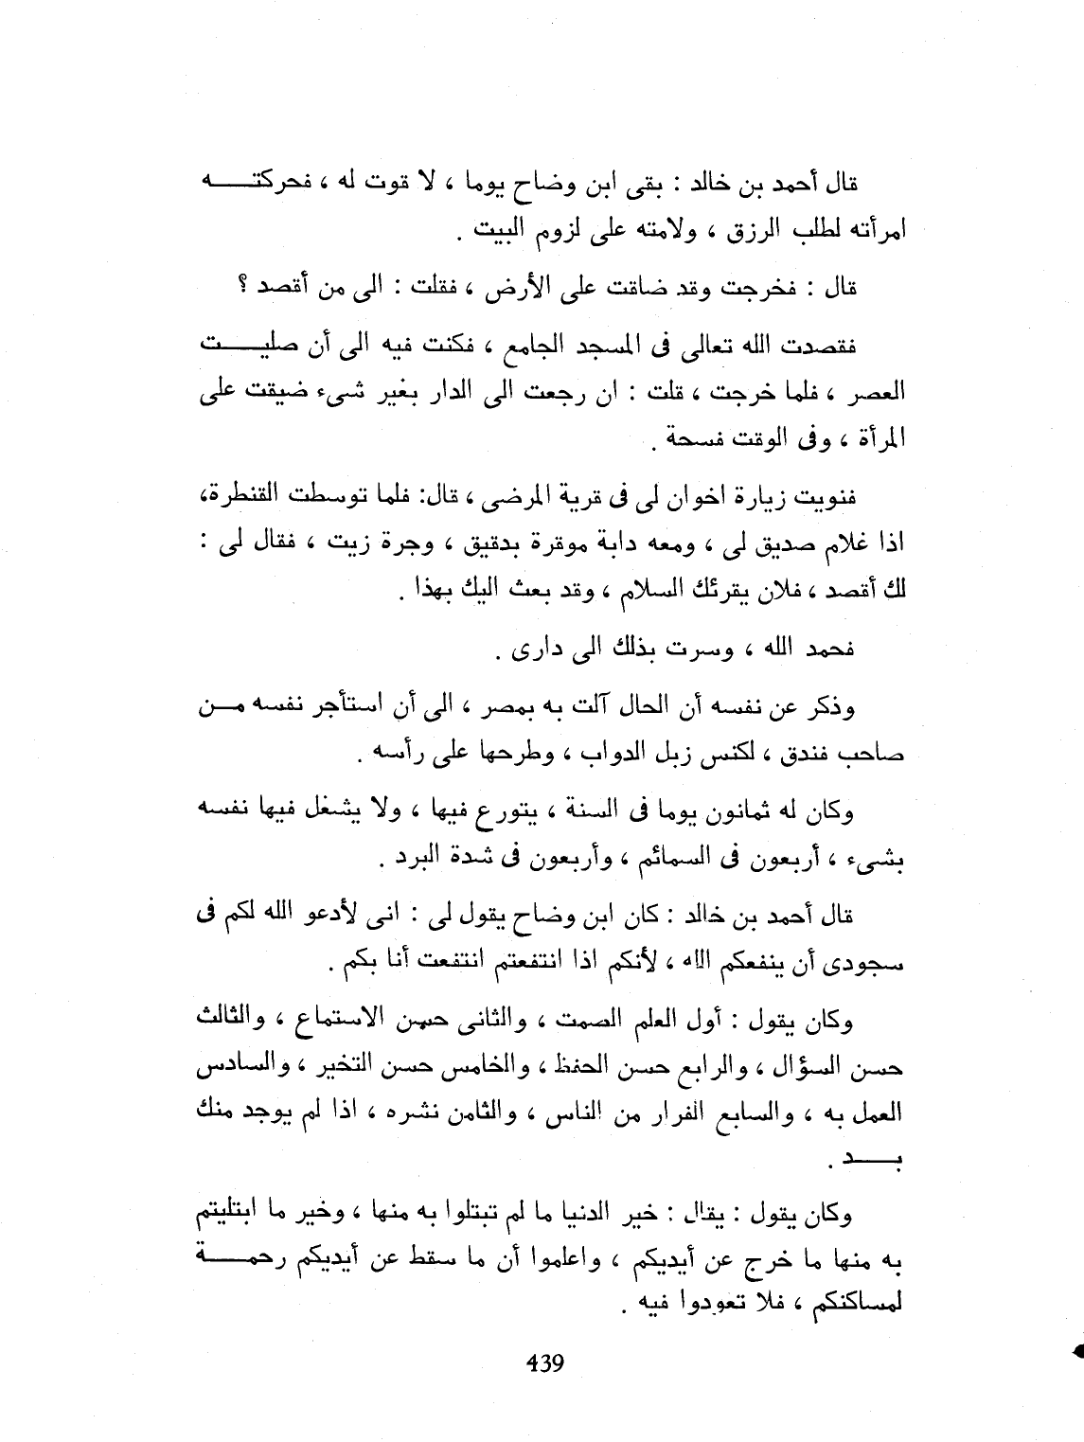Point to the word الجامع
[543, 347]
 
